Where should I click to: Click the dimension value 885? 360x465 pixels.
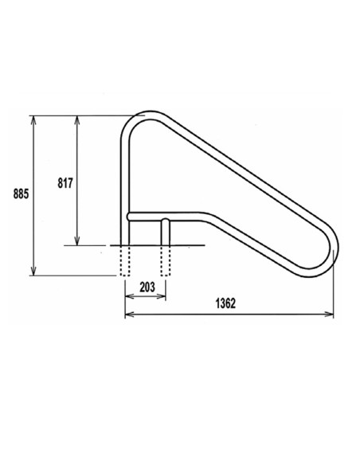(22, 193)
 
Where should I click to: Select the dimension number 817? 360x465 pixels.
(65, 182)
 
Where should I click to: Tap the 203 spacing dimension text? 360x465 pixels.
(145, 287)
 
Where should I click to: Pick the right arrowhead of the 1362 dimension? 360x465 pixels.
(331, 314)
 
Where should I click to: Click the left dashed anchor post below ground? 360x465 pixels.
(125, 260)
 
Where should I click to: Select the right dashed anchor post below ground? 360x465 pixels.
(166, 260)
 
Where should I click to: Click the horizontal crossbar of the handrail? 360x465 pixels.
(183, 217)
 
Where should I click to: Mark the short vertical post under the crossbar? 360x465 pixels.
(166, 231)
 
